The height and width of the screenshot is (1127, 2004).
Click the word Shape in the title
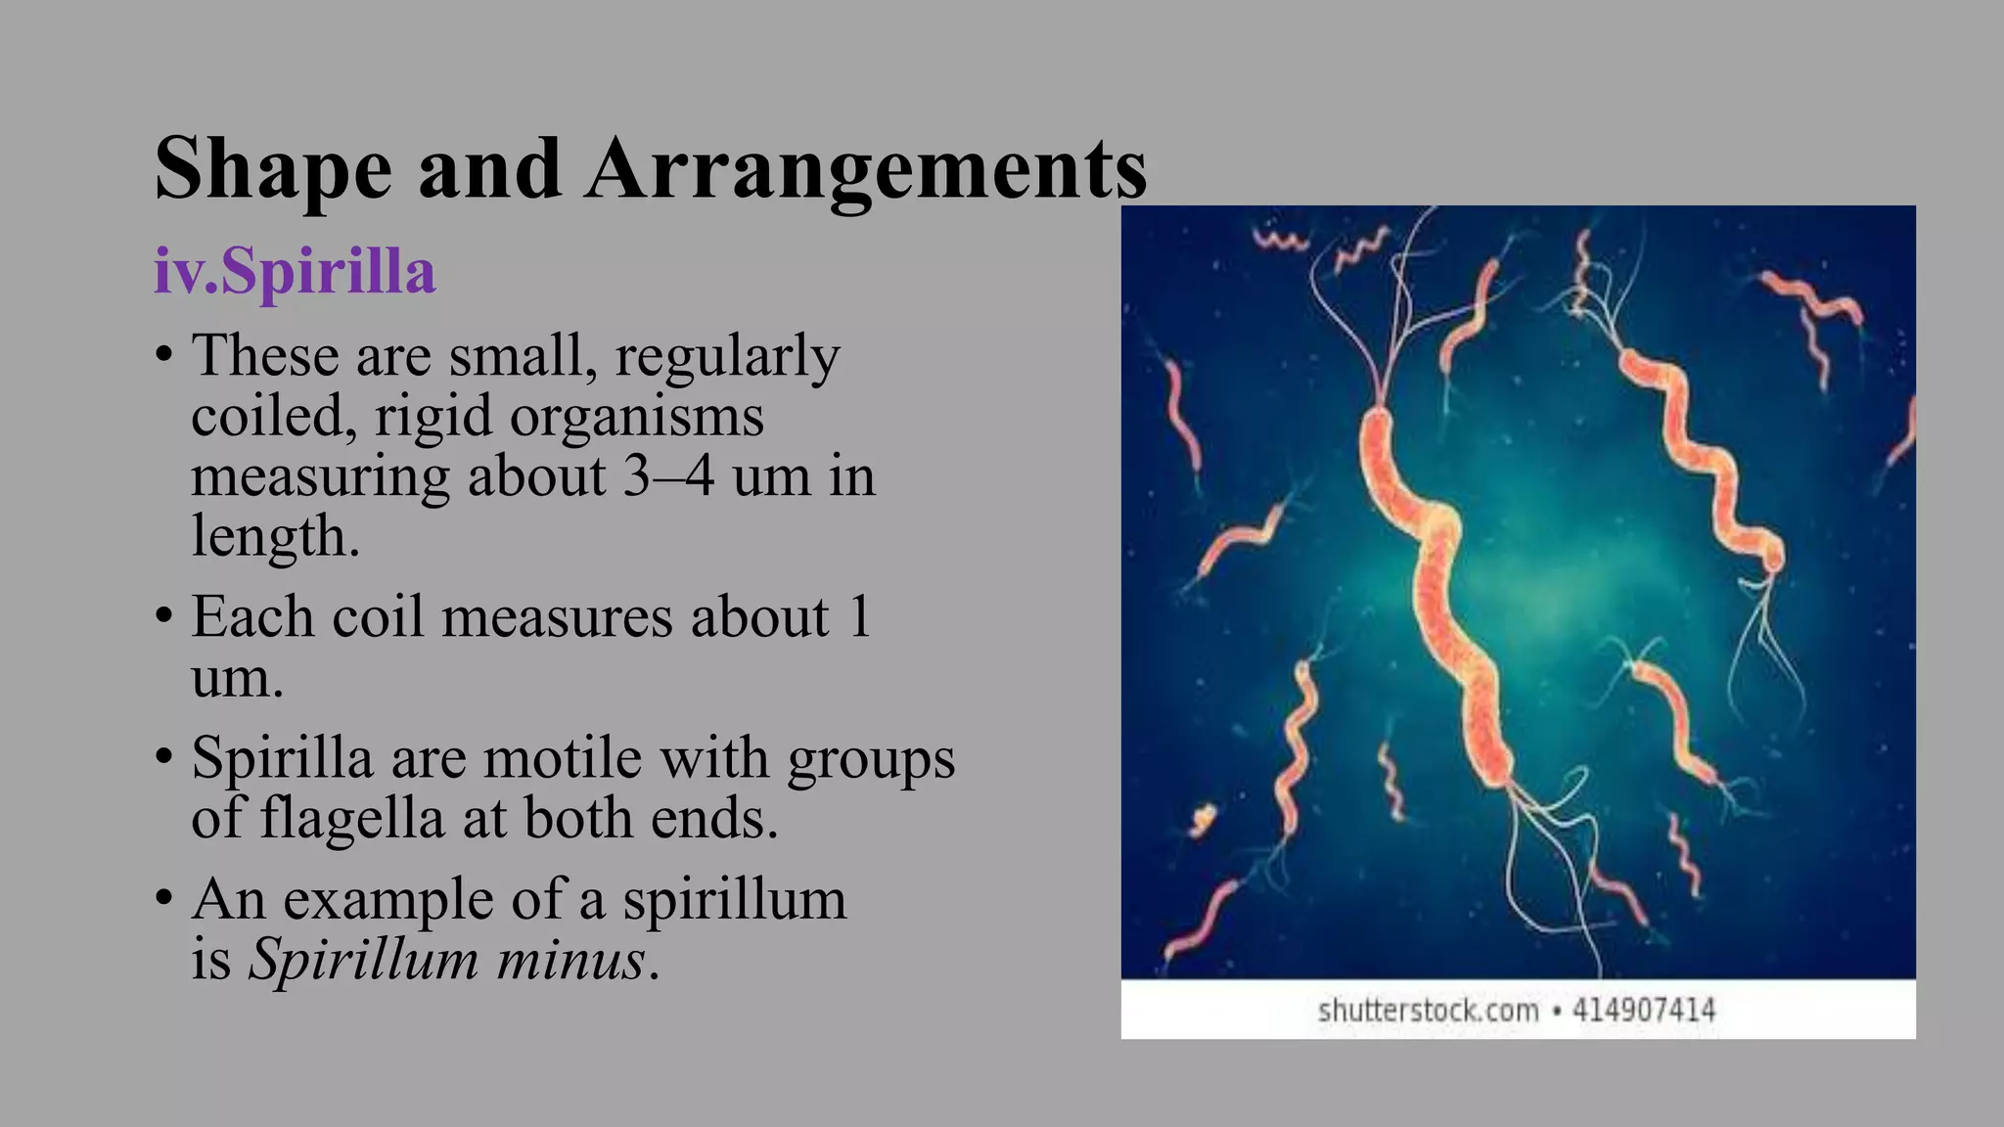click(x=273, y=170)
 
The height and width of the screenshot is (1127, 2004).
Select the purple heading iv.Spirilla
click(x=295, y=271)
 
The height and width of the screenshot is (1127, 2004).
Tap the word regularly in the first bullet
click(x=727, y=357)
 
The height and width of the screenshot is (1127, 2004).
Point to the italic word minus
click(x=570, y=961)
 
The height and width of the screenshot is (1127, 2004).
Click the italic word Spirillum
click(x=363, y=961)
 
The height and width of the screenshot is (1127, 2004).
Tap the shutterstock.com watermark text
click(x=1428, y=1011)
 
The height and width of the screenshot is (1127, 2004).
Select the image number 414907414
click(x=1644, y=1011)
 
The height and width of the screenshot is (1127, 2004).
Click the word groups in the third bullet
click(x=871, y=760)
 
